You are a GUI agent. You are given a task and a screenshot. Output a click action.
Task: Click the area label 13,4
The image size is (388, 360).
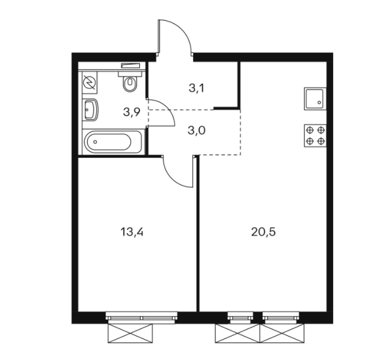(x=132, y=232)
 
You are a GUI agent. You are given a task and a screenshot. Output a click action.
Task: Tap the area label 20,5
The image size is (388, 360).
(x=263, y=232)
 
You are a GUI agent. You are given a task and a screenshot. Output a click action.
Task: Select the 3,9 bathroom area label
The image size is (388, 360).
(x=132, y=113)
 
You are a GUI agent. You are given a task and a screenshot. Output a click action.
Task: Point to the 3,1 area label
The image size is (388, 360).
(x=196, y=88)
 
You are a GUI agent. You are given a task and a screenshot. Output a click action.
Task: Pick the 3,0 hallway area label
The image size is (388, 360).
(x=196, y=130)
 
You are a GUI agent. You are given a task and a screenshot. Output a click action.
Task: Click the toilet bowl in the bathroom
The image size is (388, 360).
(x=130, y=82)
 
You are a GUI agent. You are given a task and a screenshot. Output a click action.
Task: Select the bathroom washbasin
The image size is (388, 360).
(x=90, y=110)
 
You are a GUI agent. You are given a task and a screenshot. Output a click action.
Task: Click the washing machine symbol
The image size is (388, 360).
(x=90, y=82)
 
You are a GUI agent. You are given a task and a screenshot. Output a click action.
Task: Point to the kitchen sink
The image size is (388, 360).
(x=315, y=99)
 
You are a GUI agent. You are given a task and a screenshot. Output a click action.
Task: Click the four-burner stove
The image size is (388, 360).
(x=315, y=135)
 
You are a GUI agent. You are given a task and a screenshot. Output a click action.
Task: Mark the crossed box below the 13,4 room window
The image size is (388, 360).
(x=130, y=333)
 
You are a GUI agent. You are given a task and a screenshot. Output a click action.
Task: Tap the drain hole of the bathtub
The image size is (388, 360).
(x=96, y=142)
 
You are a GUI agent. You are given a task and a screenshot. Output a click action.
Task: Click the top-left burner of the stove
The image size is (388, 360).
(x=309, y=130)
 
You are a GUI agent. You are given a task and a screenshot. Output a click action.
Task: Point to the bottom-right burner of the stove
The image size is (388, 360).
(x=321, y=141)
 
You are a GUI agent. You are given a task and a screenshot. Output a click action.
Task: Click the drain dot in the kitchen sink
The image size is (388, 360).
(x=319, y=102)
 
